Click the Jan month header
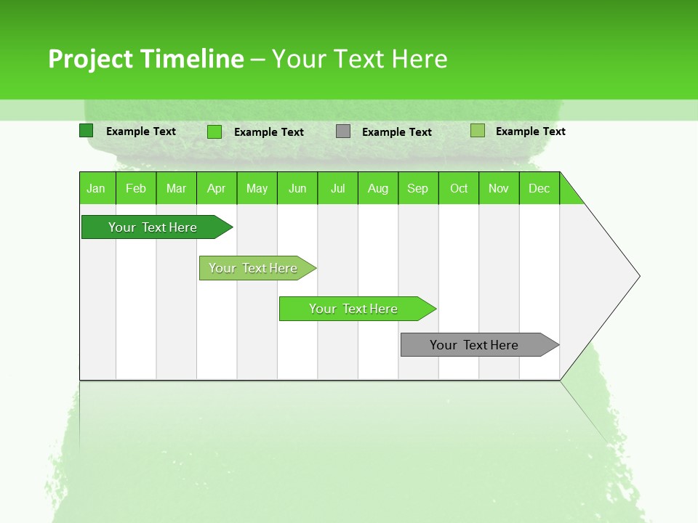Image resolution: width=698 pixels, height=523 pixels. point(97,188)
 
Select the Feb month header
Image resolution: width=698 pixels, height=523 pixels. point(136,188)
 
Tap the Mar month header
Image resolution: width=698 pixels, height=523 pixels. point(176,188)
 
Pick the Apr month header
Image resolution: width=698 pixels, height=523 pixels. point(217,188)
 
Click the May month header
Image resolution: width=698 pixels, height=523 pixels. point(257,188)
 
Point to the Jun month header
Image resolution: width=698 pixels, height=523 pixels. point(297,188)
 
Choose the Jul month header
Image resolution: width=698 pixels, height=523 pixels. point(337,188)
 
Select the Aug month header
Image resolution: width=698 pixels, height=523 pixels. point(378,188)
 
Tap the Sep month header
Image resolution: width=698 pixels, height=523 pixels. point(418,188)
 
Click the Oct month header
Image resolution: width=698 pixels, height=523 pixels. point(459,188)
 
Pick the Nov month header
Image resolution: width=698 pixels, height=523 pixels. point(499,188)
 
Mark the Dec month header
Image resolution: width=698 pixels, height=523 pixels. point(539,188)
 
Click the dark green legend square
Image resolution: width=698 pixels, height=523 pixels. point(87,131)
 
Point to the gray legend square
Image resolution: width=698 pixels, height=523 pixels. point(343,131)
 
